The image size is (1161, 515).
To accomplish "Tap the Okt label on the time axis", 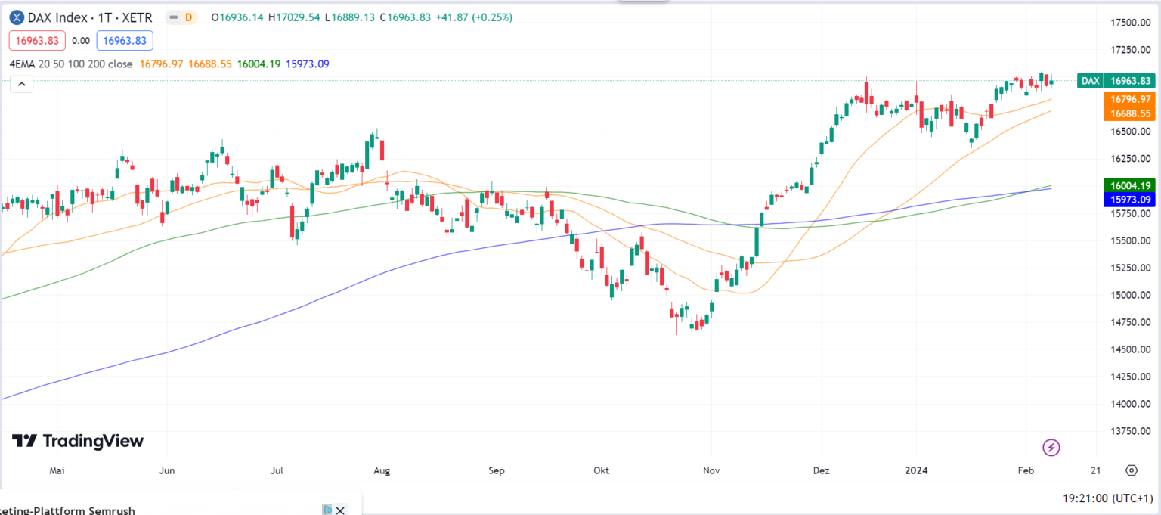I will [602, 470].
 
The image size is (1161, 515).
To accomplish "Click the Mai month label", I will [56, 470].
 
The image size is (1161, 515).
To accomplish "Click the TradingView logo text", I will [79, 441].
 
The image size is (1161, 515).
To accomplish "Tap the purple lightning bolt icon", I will [1051, 447].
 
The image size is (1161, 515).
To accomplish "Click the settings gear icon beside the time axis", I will [1131, 470].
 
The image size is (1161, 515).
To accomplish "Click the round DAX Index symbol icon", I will [16, 17].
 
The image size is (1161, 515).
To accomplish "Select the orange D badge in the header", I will [188, 17].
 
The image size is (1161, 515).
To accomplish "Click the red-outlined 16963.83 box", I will [37, 41].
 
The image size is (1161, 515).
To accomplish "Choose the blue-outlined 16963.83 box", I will [125, 41].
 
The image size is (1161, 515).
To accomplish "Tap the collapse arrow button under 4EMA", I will [21, 84].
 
